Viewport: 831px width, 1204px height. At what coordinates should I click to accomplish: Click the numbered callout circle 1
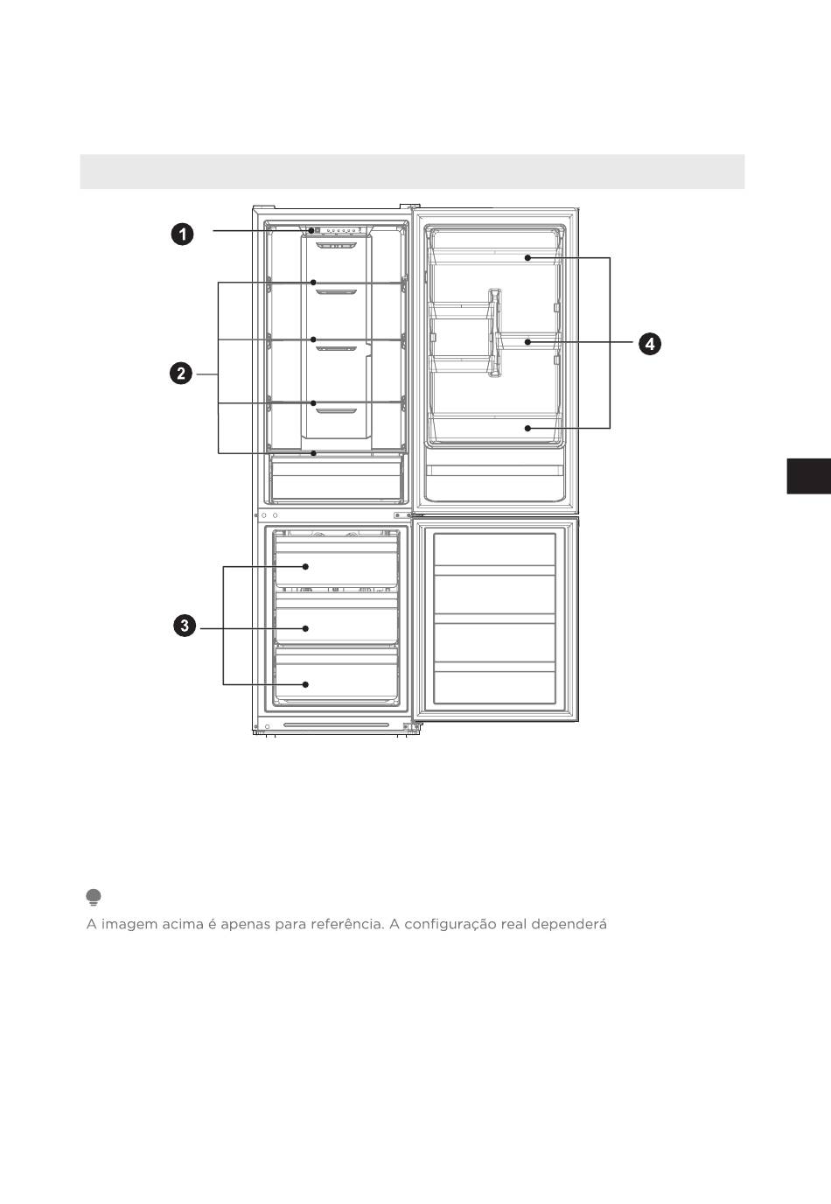183,234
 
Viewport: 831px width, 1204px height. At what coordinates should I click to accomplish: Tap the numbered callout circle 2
181,374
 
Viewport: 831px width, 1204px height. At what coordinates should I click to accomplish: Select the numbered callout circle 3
185,626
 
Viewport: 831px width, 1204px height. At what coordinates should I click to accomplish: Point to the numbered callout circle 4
650,344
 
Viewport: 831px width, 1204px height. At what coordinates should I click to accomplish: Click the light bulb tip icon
94,897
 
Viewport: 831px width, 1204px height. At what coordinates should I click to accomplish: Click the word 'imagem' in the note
129,924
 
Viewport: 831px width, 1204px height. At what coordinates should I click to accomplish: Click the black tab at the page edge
809,476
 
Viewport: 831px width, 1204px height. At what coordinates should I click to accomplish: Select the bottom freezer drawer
336,677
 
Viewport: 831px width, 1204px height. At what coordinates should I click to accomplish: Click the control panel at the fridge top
337,231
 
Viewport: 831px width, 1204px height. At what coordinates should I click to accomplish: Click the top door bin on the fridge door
495,256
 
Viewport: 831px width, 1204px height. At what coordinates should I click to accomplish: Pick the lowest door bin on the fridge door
495,429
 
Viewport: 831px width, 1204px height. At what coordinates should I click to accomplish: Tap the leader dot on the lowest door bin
527,429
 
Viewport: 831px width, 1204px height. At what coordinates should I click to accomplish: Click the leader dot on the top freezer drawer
305,566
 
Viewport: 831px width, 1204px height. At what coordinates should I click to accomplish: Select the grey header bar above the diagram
412,171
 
